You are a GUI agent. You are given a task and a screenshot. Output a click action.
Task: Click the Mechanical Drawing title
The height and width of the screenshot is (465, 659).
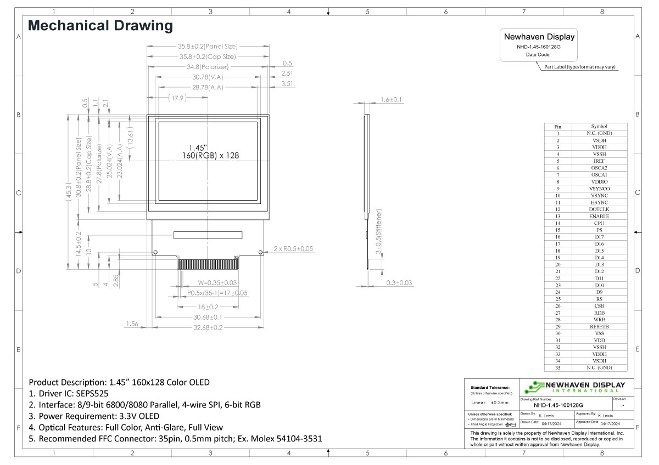point(100,25)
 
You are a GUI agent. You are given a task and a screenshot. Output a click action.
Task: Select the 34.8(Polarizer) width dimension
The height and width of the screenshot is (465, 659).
point(208,67)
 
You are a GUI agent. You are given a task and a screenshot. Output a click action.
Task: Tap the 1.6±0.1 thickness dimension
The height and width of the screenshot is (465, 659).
point(391,99)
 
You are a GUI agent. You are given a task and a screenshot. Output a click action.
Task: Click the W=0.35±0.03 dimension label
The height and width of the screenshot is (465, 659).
point(217,283)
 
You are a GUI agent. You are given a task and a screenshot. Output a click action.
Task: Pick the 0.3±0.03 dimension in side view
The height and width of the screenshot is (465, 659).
point(399,283)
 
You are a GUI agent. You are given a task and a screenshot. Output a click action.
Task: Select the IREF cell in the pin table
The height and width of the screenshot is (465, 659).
point(599,161)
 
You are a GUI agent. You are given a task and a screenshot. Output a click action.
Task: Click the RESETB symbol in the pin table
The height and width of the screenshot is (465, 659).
point(599,326)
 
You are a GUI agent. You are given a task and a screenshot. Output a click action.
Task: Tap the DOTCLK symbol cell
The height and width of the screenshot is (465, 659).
point(599,209)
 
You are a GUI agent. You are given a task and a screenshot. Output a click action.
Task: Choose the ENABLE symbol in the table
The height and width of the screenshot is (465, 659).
point(599,216)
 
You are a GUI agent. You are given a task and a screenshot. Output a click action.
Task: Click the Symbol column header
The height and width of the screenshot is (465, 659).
point(599,126)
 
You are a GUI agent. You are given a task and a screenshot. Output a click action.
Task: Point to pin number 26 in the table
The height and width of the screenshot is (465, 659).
point(557,305)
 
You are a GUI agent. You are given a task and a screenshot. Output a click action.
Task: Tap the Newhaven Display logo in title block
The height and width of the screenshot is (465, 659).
point(574,387)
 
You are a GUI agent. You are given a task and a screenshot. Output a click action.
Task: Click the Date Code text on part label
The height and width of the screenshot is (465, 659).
point(538,55)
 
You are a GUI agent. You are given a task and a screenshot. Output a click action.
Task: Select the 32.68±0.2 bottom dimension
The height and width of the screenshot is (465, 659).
point(208,327)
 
